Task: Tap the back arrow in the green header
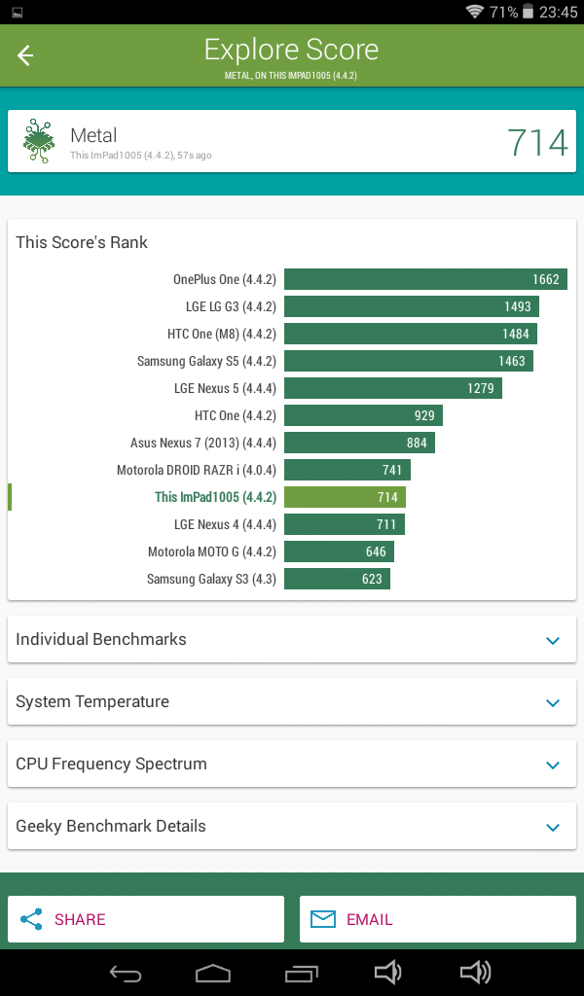tap(24, 55)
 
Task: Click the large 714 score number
tap(537, 142)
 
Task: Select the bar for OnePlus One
tap(425, 279)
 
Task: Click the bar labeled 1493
tap(411, 306)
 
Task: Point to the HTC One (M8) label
tap(222, 335)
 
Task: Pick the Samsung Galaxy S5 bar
tap(409, 361)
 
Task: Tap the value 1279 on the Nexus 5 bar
tap(481, 388)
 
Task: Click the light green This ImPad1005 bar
tap(345, 497)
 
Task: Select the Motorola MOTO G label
tap(212, 552)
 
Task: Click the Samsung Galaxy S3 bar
tap(337, 579)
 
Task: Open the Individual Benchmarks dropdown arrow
tap(553, 640)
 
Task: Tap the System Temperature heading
tap(92, 702)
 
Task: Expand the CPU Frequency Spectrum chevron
tap(553, 765)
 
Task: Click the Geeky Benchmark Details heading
tap(111, 827)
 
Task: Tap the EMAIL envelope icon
tap(323, 919)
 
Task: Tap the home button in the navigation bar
tap(212, 973)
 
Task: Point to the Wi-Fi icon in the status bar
tap(474, 12)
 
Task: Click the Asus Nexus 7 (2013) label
tap(203, 443)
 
